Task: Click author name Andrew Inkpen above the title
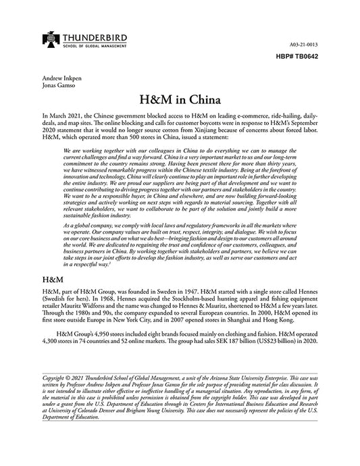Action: pyautogui.click(x=59, y=78)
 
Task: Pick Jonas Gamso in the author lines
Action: pyautogui.click(x=57, y=86)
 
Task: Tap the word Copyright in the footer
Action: pyautogui.click(x=57, y=379)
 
